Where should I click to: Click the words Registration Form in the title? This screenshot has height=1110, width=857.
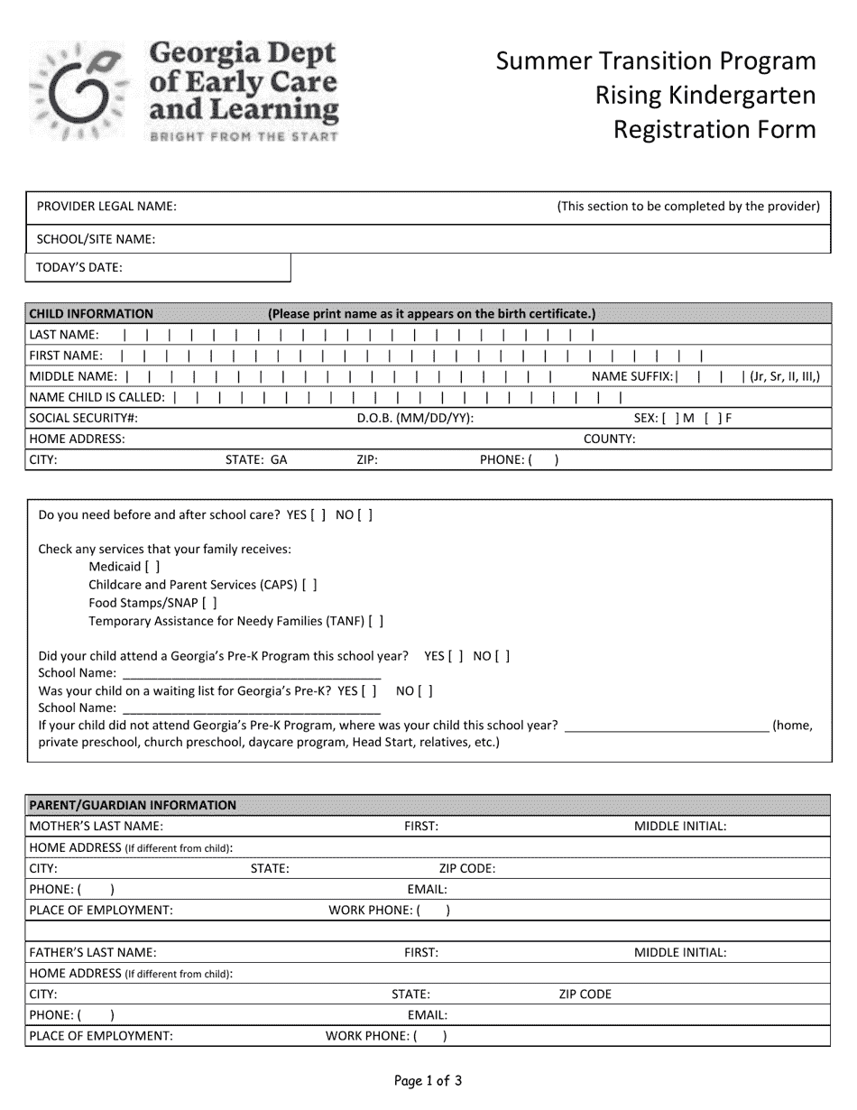(714, 129)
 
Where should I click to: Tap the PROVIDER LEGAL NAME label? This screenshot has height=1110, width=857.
(106, 206)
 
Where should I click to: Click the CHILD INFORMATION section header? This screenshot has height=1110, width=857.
(91, 314)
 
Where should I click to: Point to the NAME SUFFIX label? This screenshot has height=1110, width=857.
(631, 376)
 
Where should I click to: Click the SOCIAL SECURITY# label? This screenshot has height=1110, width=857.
(84, 418)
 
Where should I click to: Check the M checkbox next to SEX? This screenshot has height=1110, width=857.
(669, 418)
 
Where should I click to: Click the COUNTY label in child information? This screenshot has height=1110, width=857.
(609, 439)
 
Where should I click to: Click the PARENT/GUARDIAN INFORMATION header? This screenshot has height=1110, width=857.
(133, 805)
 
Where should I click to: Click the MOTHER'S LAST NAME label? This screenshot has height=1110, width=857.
(97, 826)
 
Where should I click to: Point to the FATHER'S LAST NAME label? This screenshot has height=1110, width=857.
(93, 952)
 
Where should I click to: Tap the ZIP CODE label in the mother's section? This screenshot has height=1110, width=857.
(466, 868)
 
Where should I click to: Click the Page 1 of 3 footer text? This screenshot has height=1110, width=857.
(428, 1080)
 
